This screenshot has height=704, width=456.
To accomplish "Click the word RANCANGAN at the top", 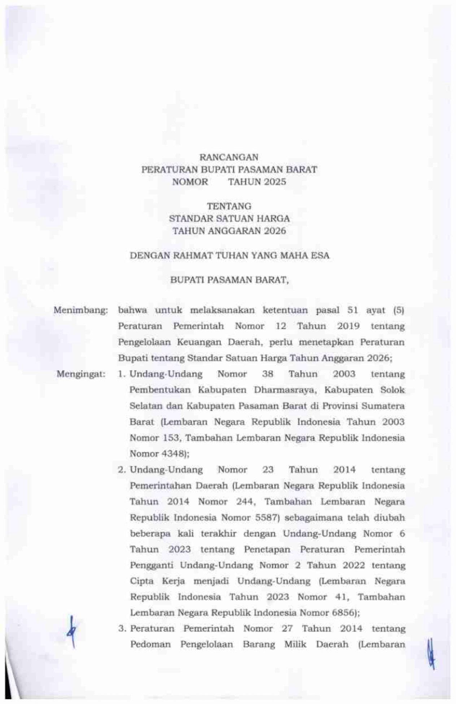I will coord(229,157).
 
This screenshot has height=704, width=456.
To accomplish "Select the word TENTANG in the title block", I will coord(229,207).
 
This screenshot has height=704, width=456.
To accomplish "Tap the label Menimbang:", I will coord(81,310).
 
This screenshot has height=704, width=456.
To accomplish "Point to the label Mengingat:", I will coord(81,374).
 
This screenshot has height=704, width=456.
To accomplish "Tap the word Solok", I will coord(392,390).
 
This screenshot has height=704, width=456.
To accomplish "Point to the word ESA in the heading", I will coord(321,256).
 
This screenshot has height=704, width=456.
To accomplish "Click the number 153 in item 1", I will coord(171,438).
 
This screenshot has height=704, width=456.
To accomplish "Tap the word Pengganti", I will coord(151,565).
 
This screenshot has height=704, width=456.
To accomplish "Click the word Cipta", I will coord(142,581).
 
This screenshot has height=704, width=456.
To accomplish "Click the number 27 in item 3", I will coord(287,629).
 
